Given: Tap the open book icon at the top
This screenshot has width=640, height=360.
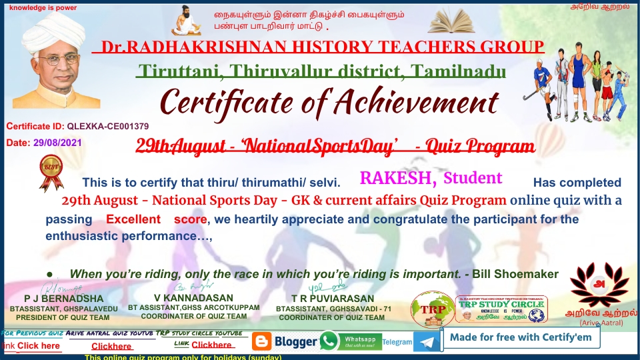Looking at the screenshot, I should (x=456, y=23).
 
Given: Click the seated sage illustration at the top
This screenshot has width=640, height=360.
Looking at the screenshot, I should (x=186, y=21).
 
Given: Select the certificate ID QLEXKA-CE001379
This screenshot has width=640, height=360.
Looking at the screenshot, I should (x=108, y=126).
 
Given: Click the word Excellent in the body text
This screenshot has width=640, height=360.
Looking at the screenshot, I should (x=133, y=219).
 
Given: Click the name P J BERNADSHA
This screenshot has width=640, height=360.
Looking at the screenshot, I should (x=64, y=299).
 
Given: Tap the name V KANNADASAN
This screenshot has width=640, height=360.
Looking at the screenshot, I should (x=193, y=297).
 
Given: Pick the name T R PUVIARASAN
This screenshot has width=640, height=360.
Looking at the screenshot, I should (x=333, y=298).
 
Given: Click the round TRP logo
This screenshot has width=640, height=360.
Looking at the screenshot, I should (x=433, y=310).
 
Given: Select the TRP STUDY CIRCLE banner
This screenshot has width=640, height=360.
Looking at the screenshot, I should (x=501, y=310).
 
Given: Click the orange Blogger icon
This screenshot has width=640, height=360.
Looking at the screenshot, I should (x=262, y=342).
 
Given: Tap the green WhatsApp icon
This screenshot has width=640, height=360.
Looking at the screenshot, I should (x=329, y=341).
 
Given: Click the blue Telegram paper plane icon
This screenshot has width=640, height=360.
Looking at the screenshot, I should (x=427, y=342).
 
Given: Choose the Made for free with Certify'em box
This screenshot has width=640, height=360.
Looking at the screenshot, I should (x=521, y=337).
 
